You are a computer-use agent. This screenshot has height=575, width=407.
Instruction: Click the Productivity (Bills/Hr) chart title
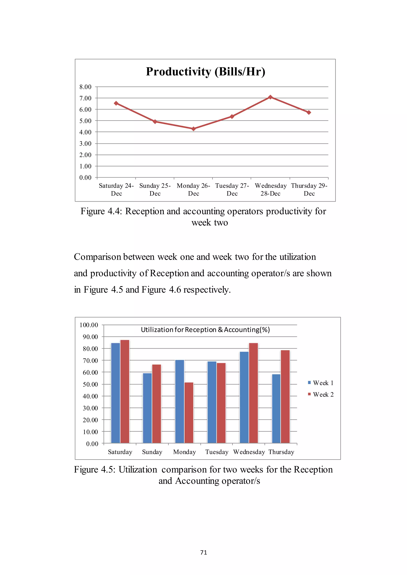click(x=205, y=72)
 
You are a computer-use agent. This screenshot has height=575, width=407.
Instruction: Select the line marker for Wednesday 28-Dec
click(x=270, y=97)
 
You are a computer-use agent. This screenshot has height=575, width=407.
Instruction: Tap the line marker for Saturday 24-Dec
click(x=116, y=103)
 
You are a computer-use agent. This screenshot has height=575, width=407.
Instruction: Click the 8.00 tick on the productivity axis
click(x=85, y=87)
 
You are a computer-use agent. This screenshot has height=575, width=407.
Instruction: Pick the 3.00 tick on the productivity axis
click(x=85, y=144)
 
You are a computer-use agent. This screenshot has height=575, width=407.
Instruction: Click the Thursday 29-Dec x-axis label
click(x=309, y=189)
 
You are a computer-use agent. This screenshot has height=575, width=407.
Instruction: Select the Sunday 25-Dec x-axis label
click(x=155, y=189)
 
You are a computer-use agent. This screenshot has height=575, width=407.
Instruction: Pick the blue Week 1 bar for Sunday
click(x=147, y=408)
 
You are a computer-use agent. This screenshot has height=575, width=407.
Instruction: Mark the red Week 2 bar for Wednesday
click(x=253, y=393)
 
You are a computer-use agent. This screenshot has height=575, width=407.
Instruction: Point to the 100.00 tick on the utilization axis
click(x=89, y=325)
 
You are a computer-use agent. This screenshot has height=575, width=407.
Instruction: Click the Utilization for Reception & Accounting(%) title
click(x=205, y=330)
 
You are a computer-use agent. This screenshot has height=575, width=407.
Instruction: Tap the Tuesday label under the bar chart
click(x=217, y=452)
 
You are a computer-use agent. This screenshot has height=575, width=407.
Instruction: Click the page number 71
click(x=203, y=552)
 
